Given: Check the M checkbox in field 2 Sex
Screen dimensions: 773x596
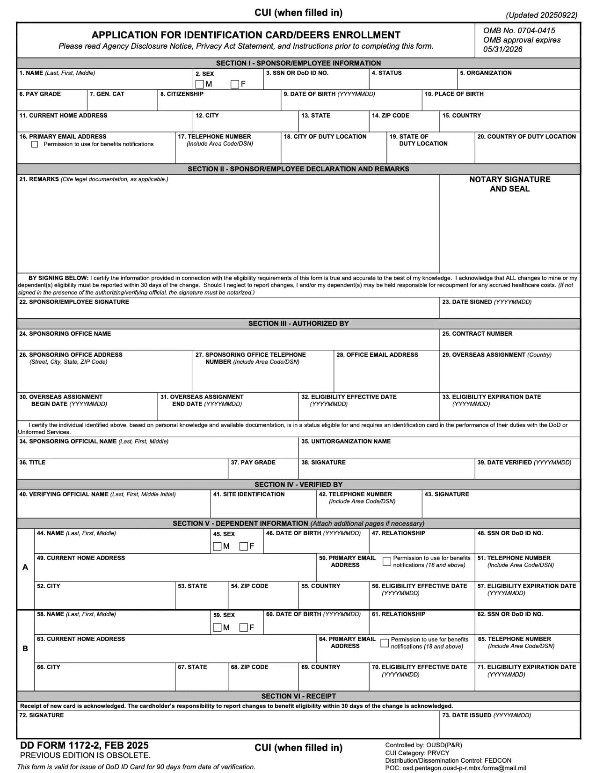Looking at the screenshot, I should click(x=200, y=84).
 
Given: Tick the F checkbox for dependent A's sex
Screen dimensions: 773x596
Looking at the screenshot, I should click(x=244, y=546).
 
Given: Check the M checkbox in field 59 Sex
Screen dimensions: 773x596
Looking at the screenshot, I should click(x=217, y=627).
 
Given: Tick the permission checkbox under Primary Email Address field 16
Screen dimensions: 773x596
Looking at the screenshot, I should click(x=35, y=144).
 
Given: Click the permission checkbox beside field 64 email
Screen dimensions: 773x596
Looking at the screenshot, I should click(x=385, y=643).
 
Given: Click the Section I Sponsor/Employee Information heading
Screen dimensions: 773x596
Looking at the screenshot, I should click(x=298, y=63).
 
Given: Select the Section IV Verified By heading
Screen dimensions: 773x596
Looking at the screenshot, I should click(x=298, y=485).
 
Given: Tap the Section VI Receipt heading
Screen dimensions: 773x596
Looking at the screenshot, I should click(x=298, y=696).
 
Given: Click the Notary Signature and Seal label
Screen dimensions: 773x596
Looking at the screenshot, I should click(x=509, y=184).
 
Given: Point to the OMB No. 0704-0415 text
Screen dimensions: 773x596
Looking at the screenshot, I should click(x=519, y=30).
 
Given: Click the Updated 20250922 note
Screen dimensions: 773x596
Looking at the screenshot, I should click(x=541, y=15).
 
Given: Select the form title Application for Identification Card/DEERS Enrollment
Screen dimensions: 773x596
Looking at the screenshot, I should click(x=246, y=35).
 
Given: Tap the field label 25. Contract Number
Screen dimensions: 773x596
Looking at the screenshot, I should click(x=477, y=334).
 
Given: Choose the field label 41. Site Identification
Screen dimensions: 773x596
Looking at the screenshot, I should click(x=248, y=494).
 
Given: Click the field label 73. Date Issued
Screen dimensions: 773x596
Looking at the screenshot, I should click(x=486, y=715).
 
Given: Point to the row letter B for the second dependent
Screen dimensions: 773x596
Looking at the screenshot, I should click(x=25, y=649).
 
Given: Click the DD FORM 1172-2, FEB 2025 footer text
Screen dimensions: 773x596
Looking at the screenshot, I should click(x=84, y=745).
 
